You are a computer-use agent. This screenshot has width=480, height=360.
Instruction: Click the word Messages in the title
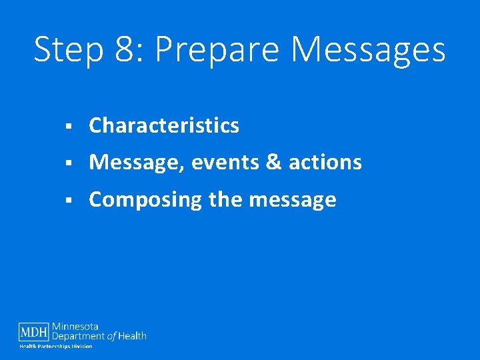[x=369, y=50]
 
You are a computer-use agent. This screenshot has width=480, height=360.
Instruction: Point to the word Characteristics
[x=164, y=125]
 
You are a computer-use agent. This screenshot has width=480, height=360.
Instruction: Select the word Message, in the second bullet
[x=136, y=163]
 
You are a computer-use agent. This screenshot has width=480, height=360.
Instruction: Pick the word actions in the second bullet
[x=325, y=163]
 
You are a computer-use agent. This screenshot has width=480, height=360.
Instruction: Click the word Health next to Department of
[x=133, y=336]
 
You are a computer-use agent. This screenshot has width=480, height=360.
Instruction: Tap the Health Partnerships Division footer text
[x=55, y=347]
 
